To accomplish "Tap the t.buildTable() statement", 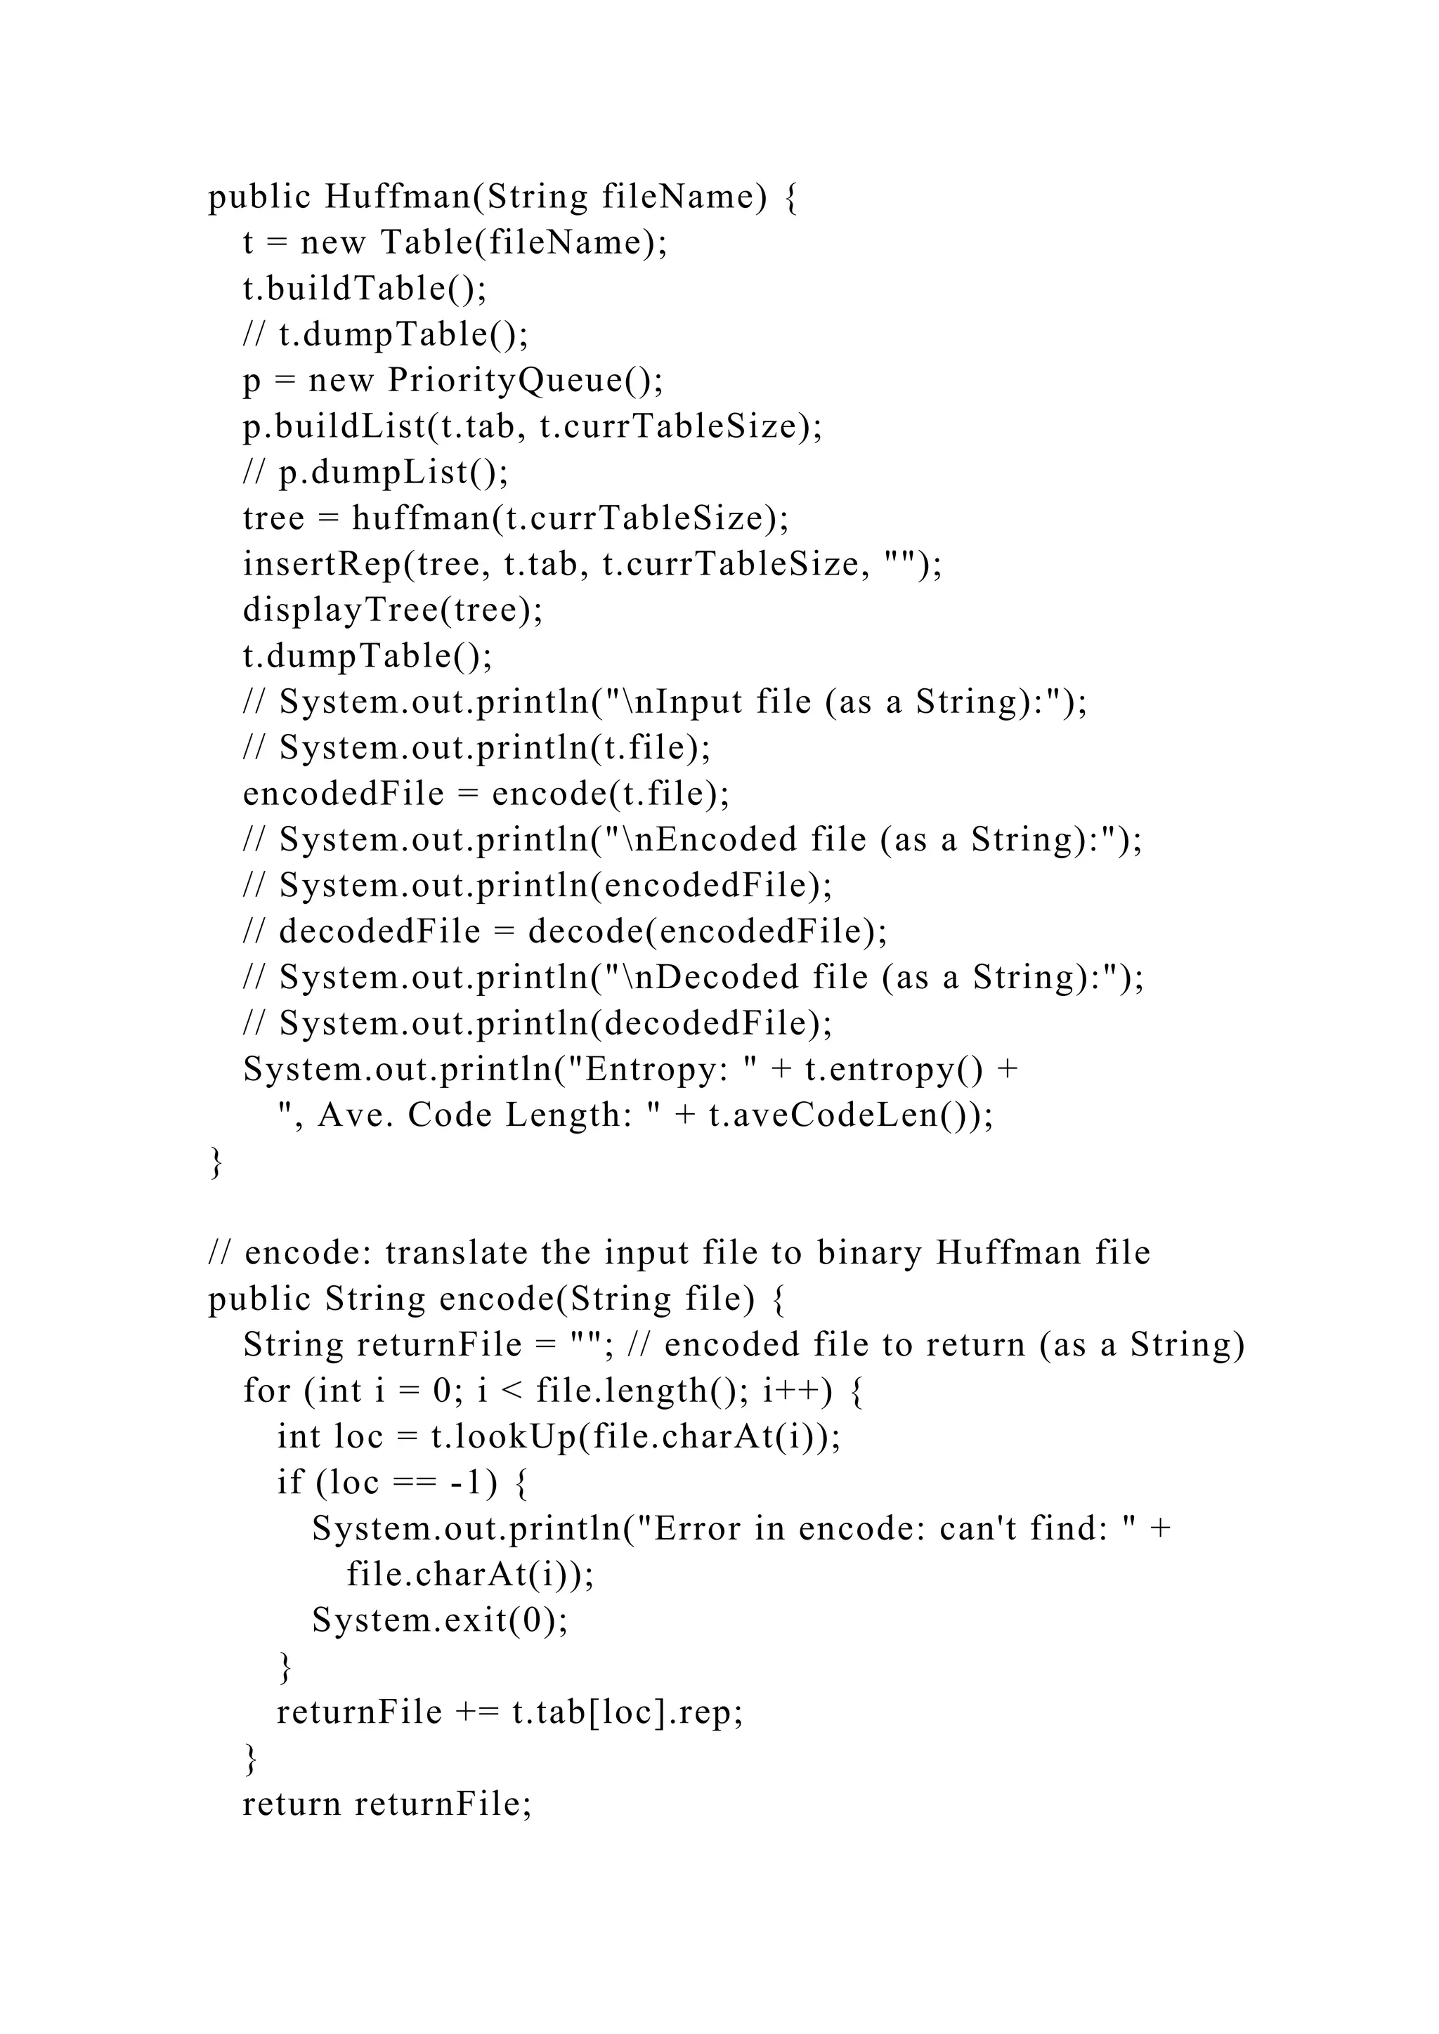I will pos(364,289).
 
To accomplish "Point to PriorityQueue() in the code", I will pos(525,381).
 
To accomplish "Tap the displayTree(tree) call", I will pos(393,610).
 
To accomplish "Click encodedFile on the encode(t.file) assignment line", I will pos(344,794).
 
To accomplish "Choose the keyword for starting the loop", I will pos(267,1391).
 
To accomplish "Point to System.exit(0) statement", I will pos(438,1620).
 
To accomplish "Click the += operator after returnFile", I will pos(478,1712).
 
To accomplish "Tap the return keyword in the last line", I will pos(292,1804).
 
